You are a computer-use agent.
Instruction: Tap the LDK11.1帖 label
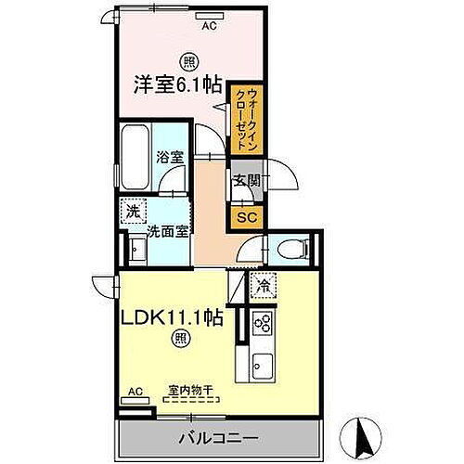[x=172, y=316]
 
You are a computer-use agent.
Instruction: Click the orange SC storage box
[x=246, y=217]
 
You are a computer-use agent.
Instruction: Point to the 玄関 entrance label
[x=245, y=181]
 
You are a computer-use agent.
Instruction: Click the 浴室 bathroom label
[x=168, y=158]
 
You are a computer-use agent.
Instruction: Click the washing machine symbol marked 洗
[x=134, y=212]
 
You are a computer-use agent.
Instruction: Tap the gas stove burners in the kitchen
[x=262, y=324]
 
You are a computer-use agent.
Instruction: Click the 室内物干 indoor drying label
[x=193, y=390]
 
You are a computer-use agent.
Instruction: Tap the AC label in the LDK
[x=135, y=392]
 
